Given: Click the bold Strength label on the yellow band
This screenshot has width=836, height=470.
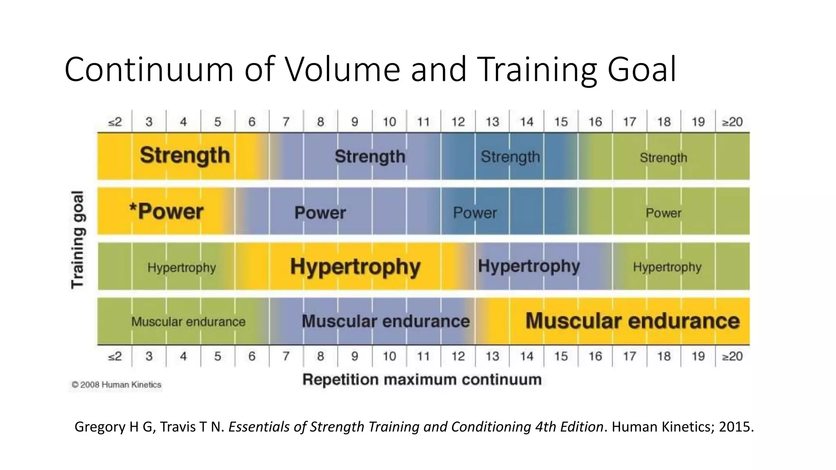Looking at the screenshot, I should click(185, 155).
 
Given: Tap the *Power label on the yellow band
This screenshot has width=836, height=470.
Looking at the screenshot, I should click(166, 212).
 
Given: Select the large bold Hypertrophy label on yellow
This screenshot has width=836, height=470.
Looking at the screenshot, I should click(355, 267).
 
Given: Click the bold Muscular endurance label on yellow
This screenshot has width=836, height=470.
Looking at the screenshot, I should click(632, 321).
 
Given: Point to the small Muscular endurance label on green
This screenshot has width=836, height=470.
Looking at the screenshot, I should click(188, 322).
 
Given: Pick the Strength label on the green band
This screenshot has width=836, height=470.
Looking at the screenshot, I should click(663, 157).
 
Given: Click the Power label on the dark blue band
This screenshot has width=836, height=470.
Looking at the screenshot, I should click(475, 213).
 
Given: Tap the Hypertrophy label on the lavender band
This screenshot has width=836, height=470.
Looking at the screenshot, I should click(529, 266).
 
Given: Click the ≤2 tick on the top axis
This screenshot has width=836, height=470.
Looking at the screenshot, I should click(115, 122).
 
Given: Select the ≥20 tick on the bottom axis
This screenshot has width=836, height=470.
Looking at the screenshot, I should click(732, 356).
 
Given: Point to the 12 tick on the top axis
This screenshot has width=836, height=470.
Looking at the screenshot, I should click(458, 122).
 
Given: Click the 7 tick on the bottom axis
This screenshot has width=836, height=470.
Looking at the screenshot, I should click(286, 356).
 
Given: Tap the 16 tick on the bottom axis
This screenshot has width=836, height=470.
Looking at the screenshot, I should click(595, 356).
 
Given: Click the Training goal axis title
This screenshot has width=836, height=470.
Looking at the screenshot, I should click(78, 239).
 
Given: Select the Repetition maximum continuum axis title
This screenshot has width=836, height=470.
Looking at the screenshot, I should click(422, 379).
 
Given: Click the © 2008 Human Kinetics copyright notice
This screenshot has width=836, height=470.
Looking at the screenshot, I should click(116, 385).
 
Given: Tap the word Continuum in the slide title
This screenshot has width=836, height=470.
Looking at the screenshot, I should click(149, 69).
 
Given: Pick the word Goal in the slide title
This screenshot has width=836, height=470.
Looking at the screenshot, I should click(642, 69).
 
